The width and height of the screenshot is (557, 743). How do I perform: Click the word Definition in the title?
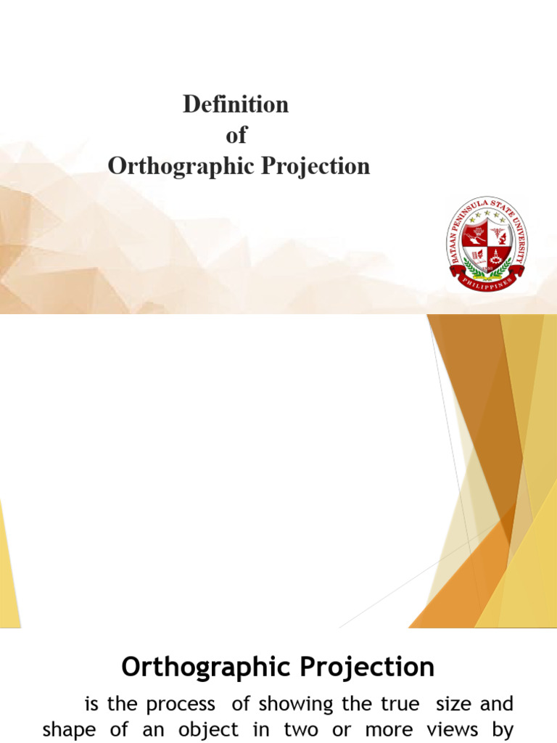(236, 104)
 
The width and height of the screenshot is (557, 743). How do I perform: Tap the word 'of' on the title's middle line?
(236, 136)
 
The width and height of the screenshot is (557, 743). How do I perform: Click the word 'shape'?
(69, 730)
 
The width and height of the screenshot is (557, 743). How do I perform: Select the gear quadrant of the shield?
(498, 255)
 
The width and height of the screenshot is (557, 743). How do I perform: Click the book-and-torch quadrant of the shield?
(476, 255)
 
